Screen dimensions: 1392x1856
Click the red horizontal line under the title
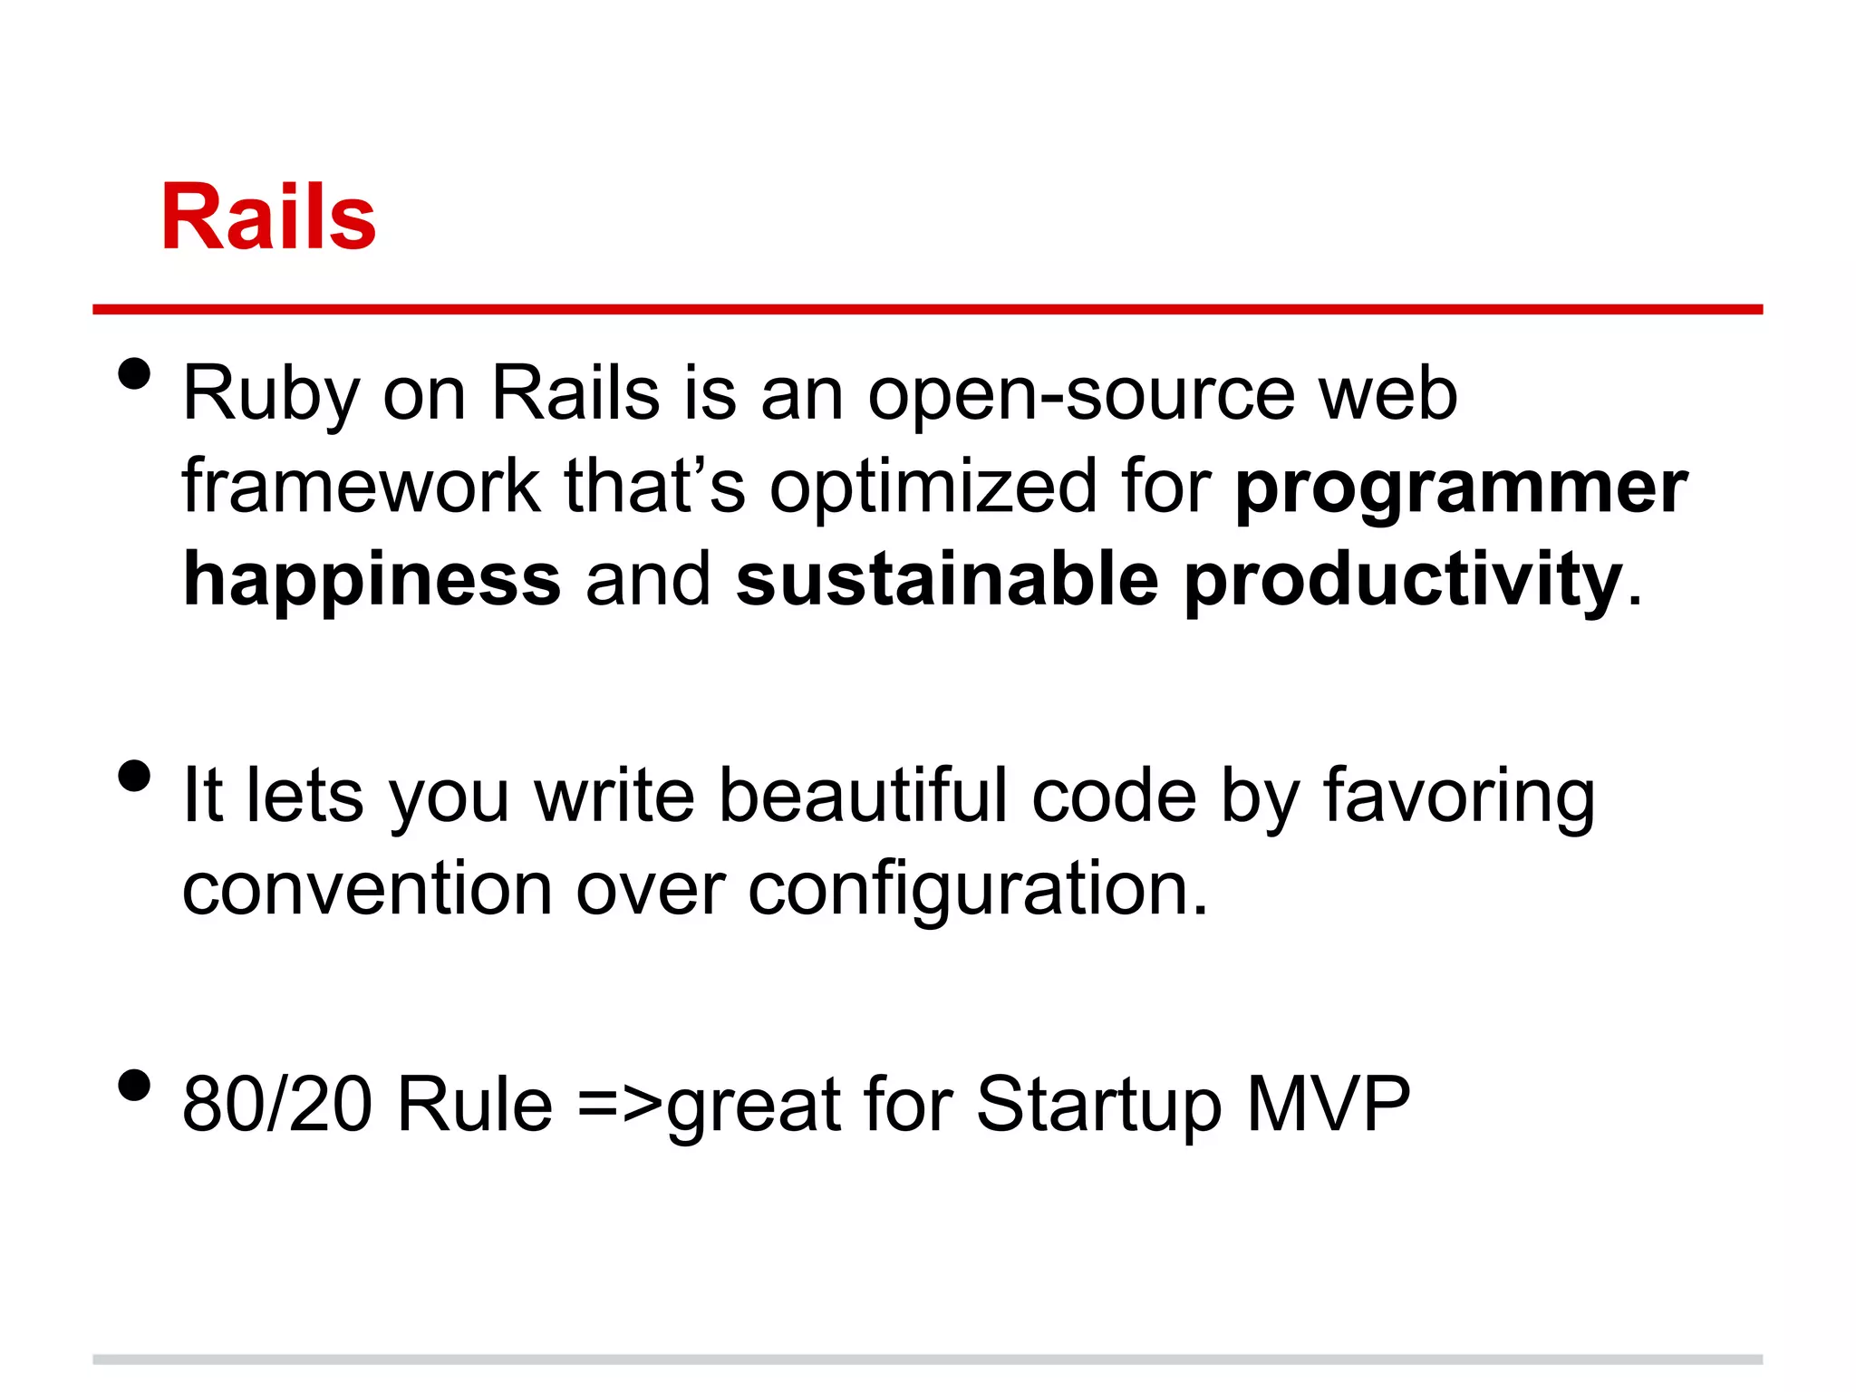point(927,310)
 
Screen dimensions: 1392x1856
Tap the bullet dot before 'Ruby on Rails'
point(134,373)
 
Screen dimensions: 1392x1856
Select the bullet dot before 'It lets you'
point(134,776)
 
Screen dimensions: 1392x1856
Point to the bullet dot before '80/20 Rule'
point(134,1085)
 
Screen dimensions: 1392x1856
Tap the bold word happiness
point(372,580)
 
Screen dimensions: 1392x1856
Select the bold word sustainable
point(947,580)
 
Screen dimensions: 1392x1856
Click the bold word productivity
point(1403,580)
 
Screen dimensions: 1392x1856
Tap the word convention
point(367,890)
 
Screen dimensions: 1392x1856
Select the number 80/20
point(277,1105)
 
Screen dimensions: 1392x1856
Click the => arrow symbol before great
point(620,1107)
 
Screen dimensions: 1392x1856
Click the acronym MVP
point(1329,1105)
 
